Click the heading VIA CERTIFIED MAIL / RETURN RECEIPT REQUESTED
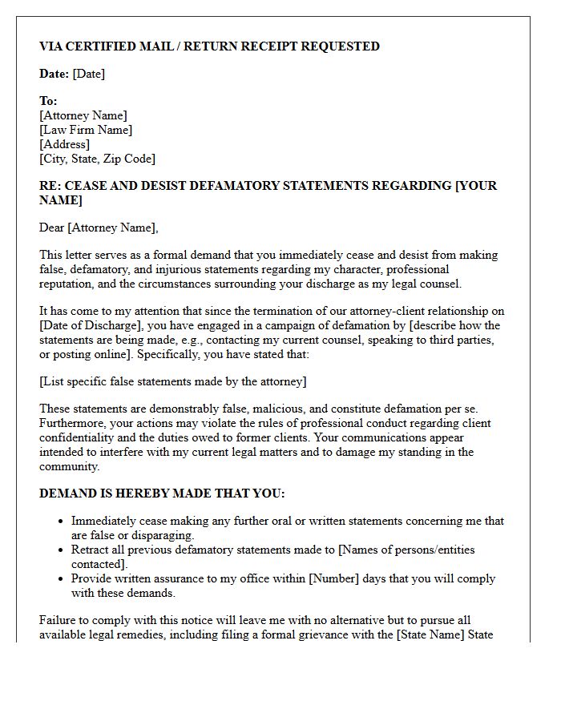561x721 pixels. tap(209, 46)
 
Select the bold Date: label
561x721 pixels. tap(54, 74)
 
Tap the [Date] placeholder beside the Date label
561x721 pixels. tap(89, 74)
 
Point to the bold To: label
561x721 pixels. tap(48, 101)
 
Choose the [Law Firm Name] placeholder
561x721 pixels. tap(86, 130)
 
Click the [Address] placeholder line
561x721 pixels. tap(64, 144)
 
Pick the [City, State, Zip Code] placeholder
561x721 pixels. tap(97, 159)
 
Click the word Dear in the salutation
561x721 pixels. tap(51, 228)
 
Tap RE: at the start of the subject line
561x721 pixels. tap(50, 186)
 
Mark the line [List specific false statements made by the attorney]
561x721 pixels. tap(172, 381)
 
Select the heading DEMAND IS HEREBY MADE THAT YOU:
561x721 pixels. tap(162, 493)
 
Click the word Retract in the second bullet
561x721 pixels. tap(91, 550)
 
